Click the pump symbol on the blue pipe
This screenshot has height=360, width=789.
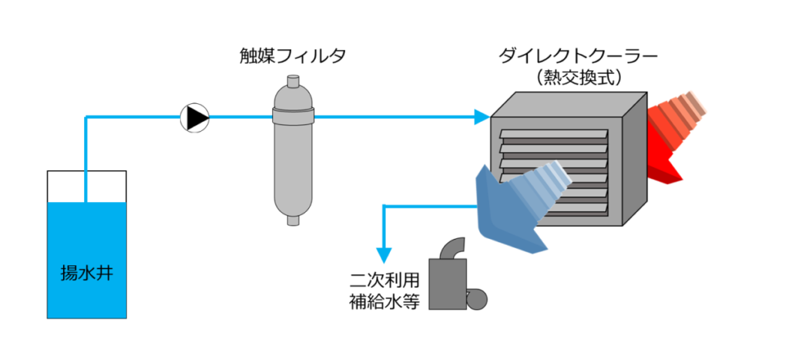coord(195,118)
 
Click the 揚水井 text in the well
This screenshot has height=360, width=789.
coord(86,273)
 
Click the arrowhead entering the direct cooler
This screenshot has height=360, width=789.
coord(482,118)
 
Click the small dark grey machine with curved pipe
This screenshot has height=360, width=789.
coord(447,285)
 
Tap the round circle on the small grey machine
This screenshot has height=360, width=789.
coord(475,298)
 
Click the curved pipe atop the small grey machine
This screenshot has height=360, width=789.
coord(451,248)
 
